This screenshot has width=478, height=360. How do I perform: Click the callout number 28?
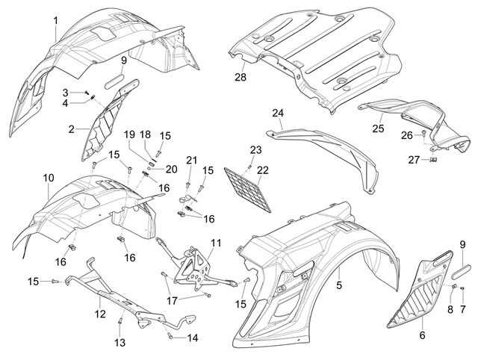(x=240, y=77)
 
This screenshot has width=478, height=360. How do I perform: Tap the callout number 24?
(x=278, y=113)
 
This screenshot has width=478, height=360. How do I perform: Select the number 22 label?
(x=263, y=170)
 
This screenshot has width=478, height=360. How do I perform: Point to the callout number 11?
(x=216, y=243)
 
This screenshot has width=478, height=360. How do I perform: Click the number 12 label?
(x=100, y=314)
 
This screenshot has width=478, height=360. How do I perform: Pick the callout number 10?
(x=49, y=178)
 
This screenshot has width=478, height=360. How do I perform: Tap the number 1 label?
(x=55, y=21)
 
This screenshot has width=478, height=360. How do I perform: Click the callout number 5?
(x=339, y=285)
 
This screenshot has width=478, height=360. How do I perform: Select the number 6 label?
(x=422, y=335)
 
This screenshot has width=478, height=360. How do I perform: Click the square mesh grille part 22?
(x=247, y=189)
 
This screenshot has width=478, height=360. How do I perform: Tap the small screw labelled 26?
(x=423, y=133)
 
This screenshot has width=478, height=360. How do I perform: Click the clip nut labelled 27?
(x=432, y=159)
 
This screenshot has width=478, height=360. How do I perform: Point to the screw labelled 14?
(x=170, y=337)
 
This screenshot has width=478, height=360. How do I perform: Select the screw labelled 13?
(x=120, y=321)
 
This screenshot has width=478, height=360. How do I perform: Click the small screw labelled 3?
(x=87, y=92)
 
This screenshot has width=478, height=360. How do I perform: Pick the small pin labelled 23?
(x=249, y=166)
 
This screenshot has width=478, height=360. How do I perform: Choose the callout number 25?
(x=378, y=128)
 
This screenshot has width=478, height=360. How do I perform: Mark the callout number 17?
(x=172, y=300)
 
